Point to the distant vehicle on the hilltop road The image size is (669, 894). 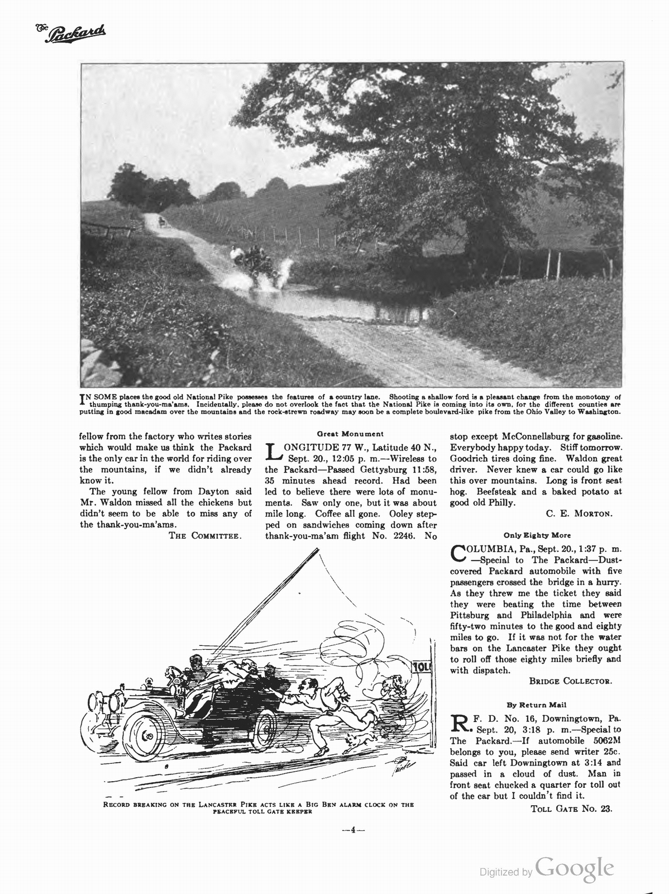161,222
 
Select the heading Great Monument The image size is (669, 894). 350,434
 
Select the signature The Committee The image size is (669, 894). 206,536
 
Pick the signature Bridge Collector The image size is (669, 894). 570,681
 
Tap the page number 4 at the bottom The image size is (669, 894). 353,830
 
